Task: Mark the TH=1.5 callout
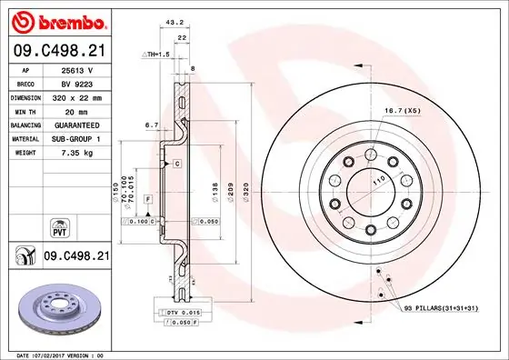click(155, 55)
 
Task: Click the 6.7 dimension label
click(152, 126)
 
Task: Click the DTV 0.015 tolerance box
click(185, 312)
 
